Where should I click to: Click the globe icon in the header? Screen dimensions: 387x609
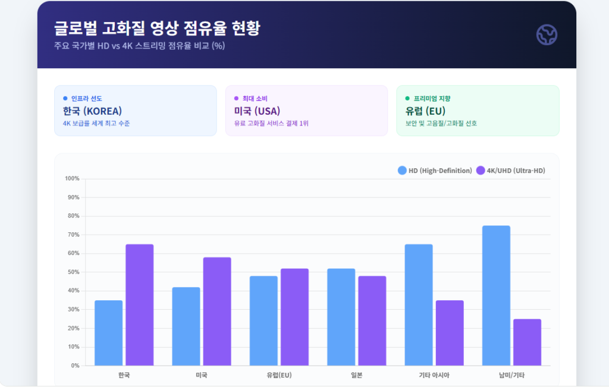point(546,35)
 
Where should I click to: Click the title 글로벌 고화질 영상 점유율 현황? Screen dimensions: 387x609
point(156,28)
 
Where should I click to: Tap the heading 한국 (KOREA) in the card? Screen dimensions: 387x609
point(92,111)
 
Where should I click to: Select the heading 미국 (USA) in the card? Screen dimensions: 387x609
point(257,111)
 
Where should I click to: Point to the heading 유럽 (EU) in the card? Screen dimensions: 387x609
point(425,111)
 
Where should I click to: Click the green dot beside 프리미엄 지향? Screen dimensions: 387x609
point(407,98)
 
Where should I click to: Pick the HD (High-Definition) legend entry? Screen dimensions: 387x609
point(435,171)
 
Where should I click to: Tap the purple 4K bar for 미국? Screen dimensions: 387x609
point(217,312)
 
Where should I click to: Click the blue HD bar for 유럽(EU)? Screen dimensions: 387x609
point(263,321)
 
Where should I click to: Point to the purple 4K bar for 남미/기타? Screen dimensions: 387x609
point(527,342)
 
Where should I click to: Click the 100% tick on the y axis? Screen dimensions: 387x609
point(72,178)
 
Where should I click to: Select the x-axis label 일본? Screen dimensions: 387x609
point(356,375)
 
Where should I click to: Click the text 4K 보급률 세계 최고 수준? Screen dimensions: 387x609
point(96,124)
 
